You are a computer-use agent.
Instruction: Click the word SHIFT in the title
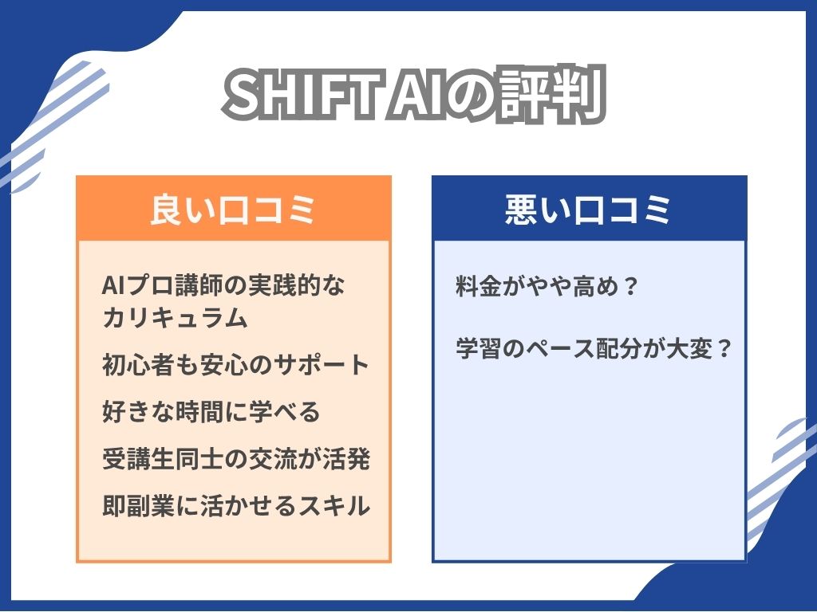[300, 96]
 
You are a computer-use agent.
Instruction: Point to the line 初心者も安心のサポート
[236, 365]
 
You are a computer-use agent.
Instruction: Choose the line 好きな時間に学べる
[211, 412]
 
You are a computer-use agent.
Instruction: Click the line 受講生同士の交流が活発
[236, 458]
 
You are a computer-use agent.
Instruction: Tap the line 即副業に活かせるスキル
[236, 505]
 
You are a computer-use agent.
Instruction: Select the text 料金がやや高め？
[547, 286]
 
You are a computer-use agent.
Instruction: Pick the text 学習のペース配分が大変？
[594, 348]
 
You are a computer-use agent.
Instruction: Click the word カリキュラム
[175, 317]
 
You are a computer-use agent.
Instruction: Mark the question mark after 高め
[630, 286]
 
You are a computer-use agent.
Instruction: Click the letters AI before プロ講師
[114, 286]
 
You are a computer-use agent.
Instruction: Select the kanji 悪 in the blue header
[522, 210]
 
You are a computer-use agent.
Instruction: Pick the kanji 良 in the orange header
[167, 210]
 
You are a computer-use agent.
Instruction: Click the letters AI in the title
[415, 96]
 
